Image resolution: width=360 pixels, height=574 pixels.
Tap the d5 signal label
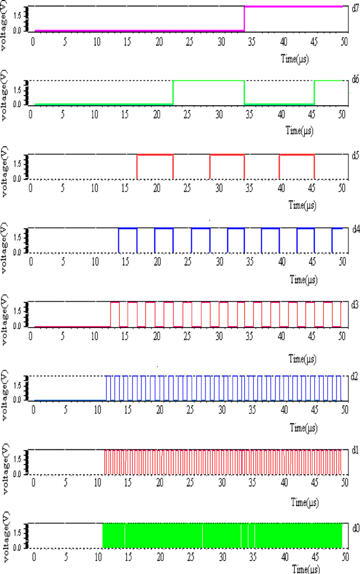355,155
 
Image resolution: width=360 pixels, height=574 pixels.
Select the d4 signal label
355,229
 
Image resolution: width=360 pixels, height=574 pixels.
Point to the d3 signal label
355,304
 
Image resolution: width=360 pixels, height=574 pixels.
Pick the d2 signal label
355,377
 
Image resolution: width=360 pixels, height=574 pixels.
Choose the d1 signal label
355,450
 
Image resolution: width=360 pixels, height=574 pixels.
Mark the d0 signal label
355,525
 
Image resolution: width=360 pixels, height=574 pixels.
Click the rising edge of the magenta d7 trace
245,18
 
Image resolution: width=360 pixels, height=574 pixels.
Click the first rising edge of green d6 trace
173,93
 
